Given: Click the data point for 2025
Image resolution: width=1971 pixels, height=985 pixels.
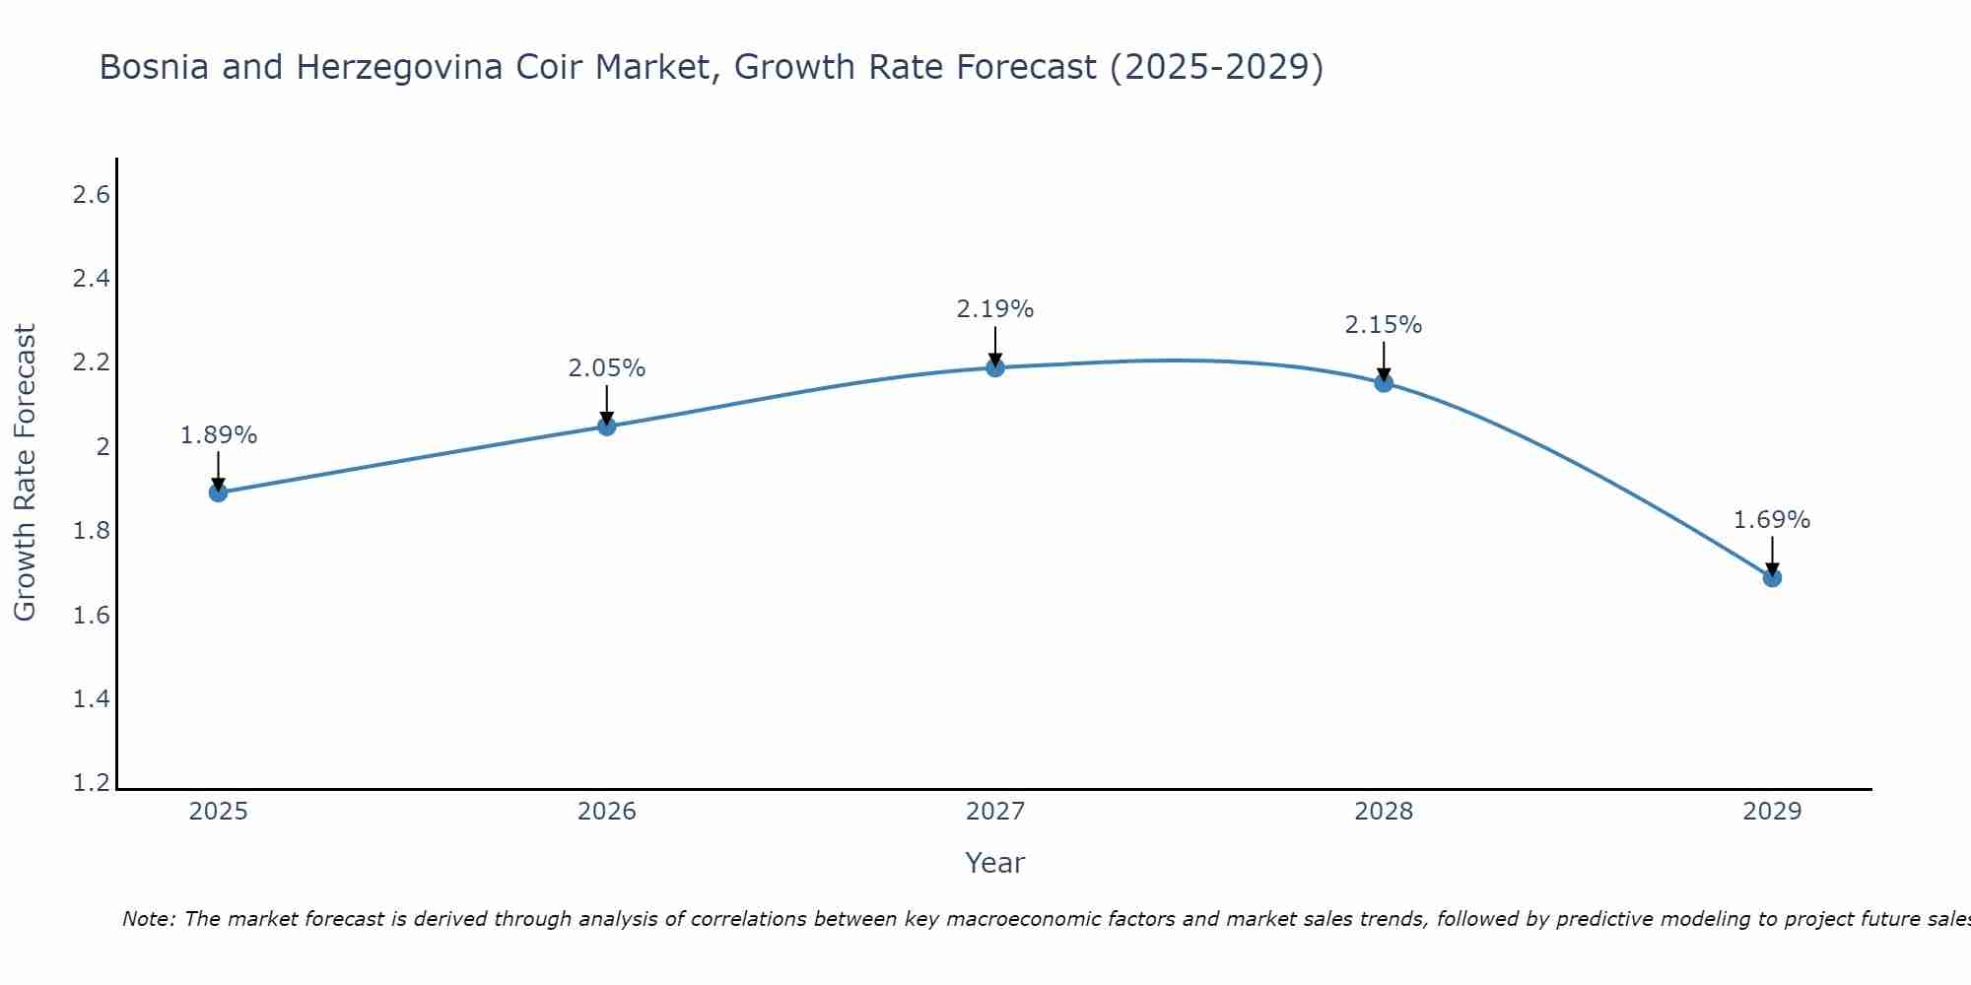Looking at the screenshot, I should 219,492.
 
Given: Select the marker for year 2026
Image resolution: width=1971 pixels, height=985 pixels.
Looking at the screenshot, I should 607,427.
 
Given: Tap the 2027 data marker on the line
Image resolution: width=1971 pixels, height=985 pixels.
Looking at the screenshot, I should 995,368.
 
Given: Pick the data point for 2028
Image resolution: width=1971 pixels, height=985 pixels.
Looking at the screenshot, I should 1384,383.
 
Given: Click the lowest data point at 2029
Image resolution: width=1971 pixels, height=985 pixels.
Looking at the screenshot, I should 1772,578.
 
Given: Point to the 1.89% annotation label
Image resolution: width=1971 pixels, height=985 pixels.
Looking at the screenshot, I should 219,435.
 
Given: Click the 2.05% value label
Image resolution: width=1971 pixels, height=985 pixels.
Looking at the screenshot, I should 607,368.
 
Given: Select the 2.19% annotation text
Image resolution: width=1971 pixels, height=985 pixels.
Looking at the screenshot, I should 995,309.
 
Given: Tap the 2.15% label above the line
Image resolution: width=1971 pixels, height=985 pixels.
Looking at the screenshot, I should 1384,325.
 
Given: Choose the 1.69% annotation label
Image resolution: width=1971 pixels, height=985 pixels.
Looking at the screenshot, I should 1772,520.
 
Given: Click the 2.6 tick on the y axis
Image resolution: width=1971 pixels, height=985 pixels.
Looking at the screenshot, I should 91,195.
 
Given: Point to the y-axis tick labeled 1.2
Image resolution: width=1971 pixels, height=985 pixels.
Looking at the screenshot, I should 91,784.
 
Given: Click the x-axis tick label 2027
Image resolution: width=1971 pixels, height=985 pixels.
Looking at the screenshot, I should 995,812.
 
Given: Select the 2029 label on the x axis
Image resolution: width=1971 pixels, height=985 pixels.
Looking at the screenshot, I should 1772,812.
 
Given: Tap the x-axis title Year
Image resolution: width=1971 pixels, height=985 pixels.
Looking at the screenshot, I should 995,863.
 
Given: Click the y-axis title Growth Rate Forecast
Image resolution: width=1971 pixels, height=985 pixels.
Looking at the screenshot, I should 25,473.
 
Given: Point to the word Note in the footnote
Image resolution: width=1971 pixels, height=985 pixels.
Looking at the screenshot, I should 148,919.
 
